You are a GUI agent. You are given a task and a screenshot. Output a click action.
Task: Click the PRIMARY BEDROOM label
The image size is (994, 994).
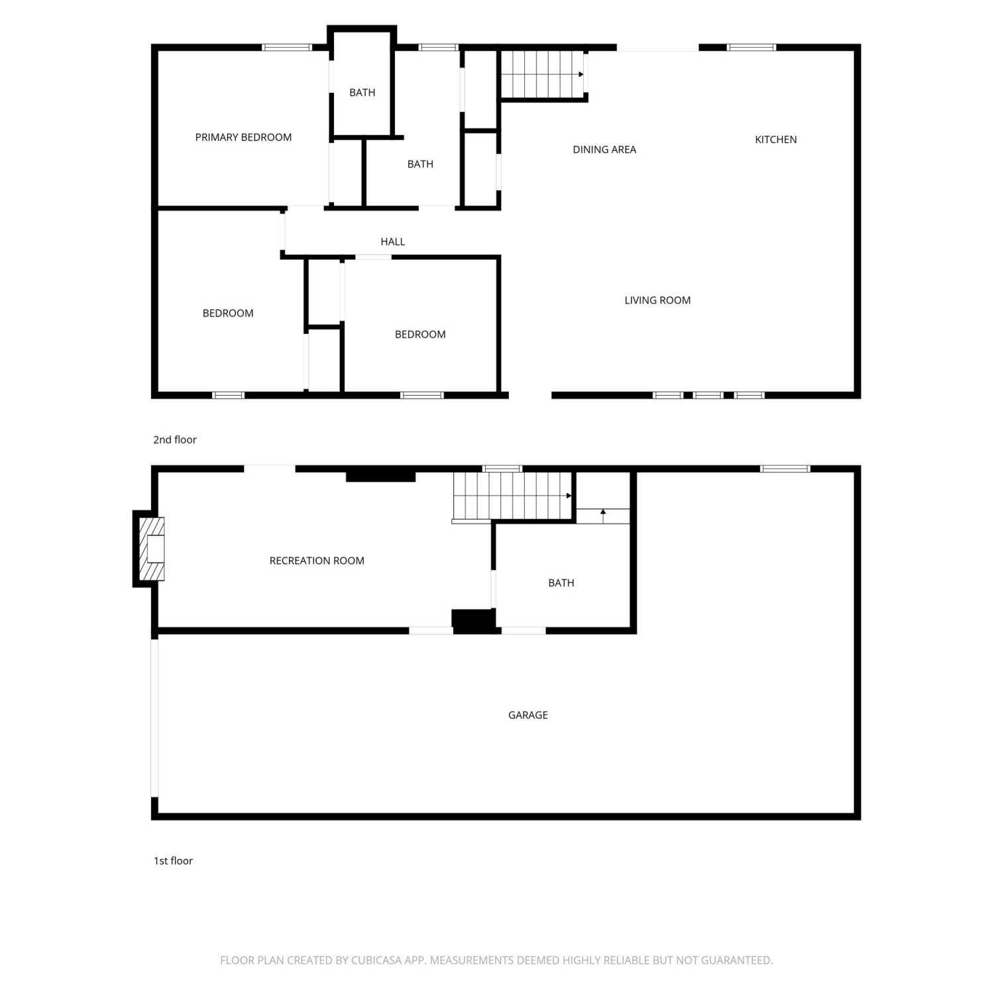tap(243, 137)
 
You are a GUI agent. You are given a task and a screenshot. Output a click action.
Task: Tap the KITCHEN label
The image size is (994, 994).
tap(776, 139)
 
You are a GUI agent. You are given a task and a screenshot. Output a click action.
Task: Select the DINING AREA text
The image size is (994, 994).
tap(604, 149)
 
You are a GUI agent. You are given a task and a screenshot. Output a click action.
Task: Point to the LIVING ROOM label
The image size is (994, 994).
tap(657, 300)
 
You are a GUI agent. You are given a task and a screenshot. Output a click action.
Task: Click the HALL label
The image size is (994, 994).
tap(392, 241)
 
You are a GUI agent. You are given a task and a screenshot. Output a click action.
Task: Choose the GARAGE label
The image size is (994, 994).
tap(527, 714)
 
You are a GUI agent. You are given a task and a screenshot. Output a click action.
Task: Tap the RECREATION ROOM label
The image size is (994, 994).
tap(317, 561)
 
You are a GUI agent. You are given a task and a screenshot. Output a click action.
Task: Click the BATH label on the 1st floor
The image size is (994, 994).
tap(561, 582)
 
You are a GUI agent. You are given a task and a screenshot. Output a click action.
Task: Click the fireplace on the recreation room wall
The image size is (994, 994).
tap(150, 549)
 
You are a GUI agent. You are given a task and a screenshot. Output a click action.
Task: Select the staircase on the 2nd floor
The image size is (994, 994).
tap(543, 74)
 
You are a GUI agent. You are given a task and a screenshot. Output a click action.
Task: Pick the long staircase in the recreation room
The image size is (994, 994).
tap(512, 496)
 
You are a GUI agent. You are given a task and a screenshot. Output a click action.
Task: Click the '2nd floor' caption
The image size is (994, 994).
tap(175, 439)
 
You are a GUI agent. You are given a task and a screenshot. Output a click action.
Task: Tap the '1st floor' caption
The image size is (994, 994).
tap(173, 861)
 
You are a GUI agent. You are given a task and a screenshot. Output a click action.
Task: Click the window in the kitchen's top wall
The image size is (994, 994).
tap(751, 47)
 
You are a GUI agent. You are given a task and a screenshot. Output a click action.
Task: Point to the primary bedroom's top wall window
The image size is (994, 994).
tap(287, 47)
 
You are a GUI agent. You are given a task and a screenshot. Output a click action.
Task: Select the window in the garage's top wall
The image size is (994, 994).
tap(785, 469)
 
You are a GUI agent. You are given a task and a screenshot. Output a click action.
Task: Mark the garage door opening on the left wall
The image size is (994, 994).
tap(154, 718)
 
